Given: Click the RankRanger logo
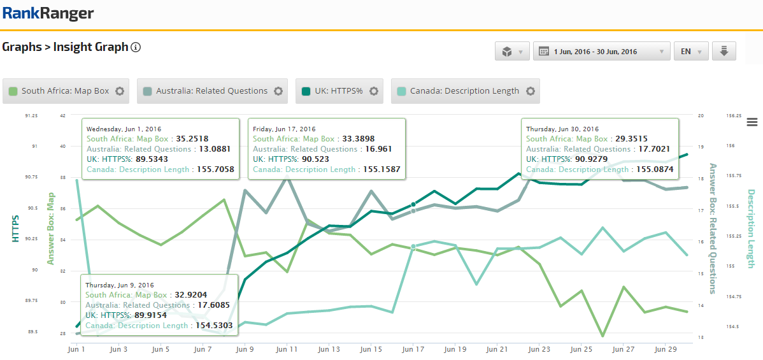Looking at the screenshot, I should tap(48, 13).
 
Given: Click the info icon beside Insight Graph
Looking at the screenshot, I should tap(136, 47).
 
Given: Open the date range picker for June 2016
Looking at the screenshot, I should tap(601, 52).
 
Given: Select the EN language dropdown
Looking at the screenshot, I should tap(691, 52).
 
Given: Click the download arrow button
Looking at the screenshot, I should tap(724, 52).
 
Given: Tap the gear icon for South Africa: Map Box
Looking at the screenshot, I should tap(120, 91).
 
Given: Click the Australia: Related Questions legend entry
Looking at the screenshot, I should tap(211, 91).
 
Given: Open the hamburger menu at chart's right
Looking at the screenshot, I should tap(752, 122).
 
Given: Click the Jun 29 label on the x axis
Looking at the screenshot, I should tap(666, 349).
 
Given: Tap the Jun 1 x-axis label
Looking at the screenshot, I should tap(77, 349).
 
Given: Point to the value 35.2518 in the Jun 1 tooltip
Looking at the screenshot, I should tap(192, 139).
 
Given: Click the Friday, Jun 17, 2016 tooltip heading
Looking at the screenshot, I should tap(285, 129).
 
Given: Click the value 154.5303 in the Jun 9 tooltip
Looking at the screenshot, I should tap(215, 326).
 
